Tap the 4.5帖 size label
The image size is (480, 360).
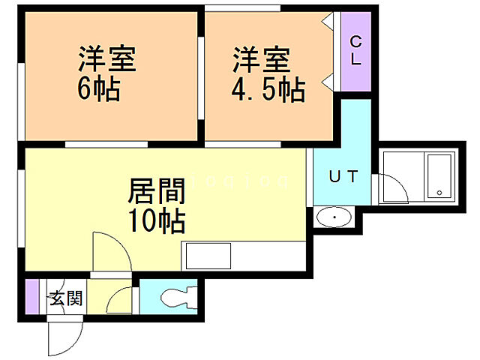pos(268,91)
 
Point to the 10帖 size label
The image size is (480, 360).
pos(157,222)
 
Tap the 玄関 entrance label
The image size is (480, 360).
pos(66,299)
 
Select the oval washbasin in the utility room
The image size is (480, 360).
pos(334,218)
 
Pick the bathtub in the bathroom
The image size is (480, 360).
pos(438,177)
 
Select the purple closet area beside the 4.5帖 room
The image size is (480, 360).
pos(356,52)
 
